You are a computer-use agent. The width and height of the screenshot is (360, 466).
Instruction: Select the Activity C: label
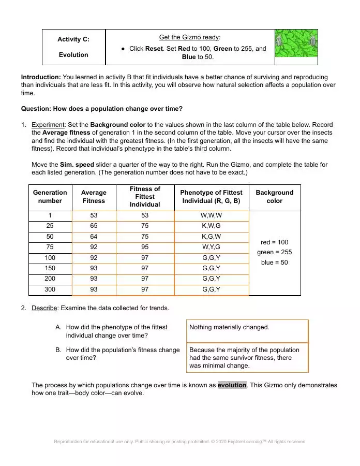tap(73, 39)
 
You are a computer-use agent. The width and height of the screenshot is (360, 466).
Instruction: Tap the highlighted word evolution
tap(232, 385)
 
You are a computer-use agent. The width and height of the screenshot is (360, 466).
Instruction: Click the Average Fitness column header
tap(94, 197)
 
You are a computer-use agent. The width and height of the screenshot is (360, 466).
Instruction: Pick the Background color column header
tap(274, 197)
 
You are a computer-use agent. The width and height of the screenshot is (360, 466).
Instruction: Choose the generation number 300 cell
tap(50, 289)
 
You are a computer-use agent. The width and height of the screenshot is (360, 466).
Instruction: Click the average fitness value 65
tap(94, 226)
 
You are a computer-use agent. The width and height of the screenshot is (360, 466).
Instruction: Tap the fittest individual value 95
tap(145, 247)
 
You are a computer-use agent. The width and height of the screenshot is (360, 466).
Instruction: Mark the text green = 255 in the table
tap(274, 252)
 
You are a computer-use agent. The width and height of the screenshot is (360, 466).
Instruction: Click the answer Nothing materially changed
tap(229, 327)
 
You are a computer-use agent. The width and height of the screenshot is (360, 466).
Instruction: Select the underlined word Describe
tap(44, 308)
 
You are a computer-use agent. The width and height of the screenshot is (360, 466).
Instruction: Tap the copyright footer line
tap(179, 442)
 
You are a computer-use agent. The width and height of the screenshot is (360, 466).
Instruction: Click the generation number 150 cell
tap(50, 268)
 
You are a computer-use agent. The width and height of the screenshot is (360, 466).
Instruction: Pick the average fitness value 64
tap(94, 237)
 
